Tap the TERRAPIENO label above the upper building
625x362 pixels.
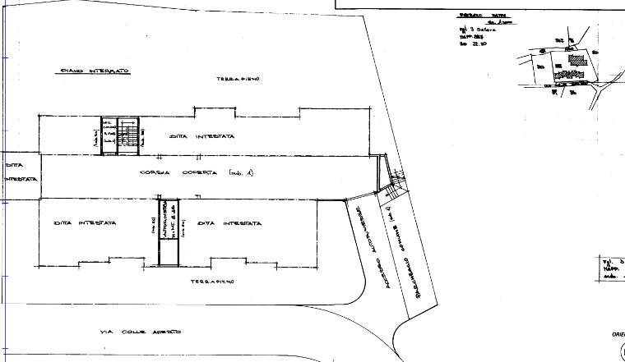click(238, 79)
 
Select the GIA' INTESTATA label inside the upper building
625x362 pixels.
click(202, 136)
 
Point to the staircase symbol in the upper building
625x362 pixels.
click(120, 135)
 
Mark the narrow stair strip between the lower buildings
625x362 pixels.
click(168, 231)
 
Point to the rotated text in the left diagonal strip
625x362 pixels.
click(372, 246)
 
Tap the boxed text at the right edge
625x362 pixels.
click(611, 268)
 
